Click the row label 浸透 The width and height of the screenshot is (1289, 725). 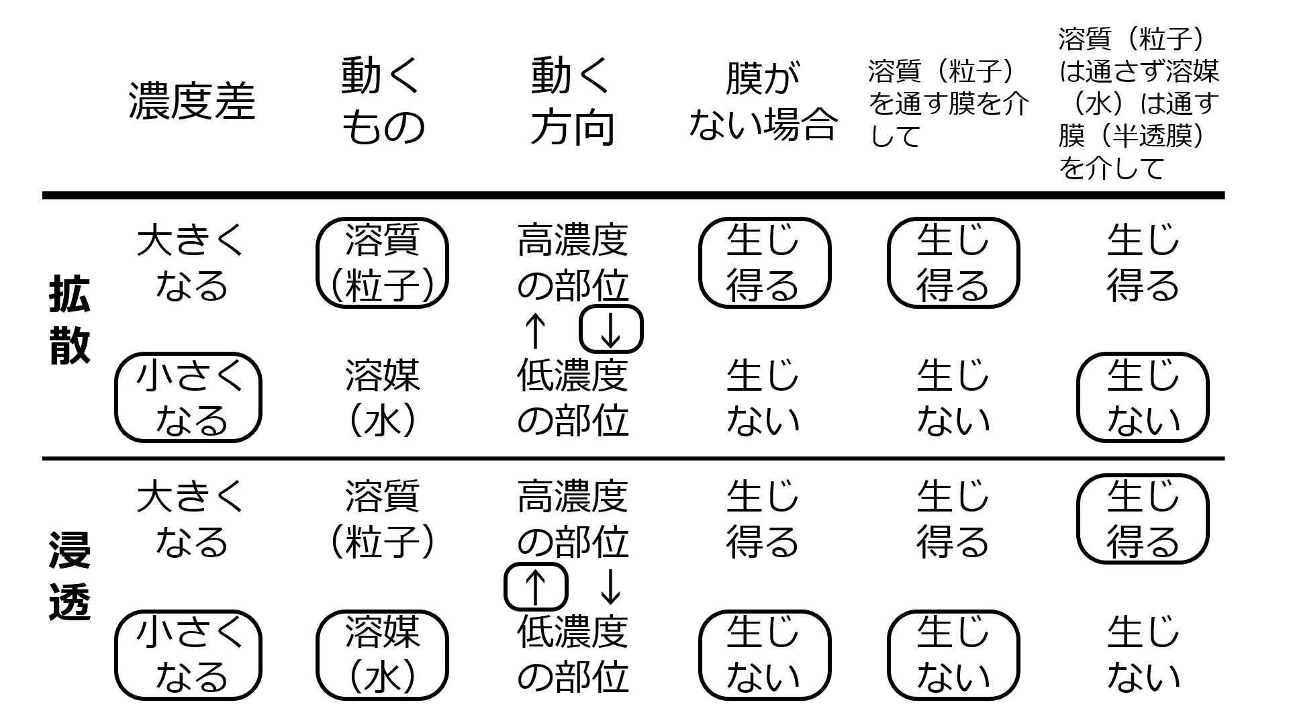(x=70, y=577)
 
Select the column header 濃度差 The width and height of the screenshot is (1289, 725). (x=192, y=102)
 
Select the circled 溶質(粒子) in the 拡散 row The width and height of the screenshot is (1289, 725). (x=382, y=262)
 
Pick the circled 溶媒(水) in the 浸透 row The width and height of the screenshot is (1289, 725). (x=382, y=655)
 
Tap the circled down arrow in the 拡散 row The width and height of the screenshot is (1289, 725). (x=611, y=329)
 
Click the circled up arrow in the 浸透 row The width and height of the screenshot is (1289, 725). (x=535, y=587)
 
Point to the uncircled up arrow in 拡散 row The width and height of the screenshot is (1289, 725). (x=535, y=331)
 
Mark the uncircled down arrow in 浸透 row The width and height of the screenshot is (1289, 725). (x=610, y=587)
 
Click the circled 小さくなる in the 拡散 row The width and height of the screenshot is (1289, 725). (x=188, y=397)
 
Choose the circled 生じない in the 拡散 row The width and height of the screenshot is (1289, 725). (x=1143, y=397)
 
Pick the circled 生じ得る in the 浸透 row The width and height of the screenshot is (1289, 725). (x=1143, y=519)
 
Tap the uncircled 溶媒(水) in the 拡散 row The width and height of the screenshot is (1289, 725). (x=382, y=397)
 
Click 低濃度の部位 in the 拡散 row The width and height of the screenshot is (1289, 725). (x=573, y=397)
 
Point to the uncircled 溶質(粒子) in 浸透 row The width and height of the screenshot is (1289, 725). (x=382, y=519)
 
